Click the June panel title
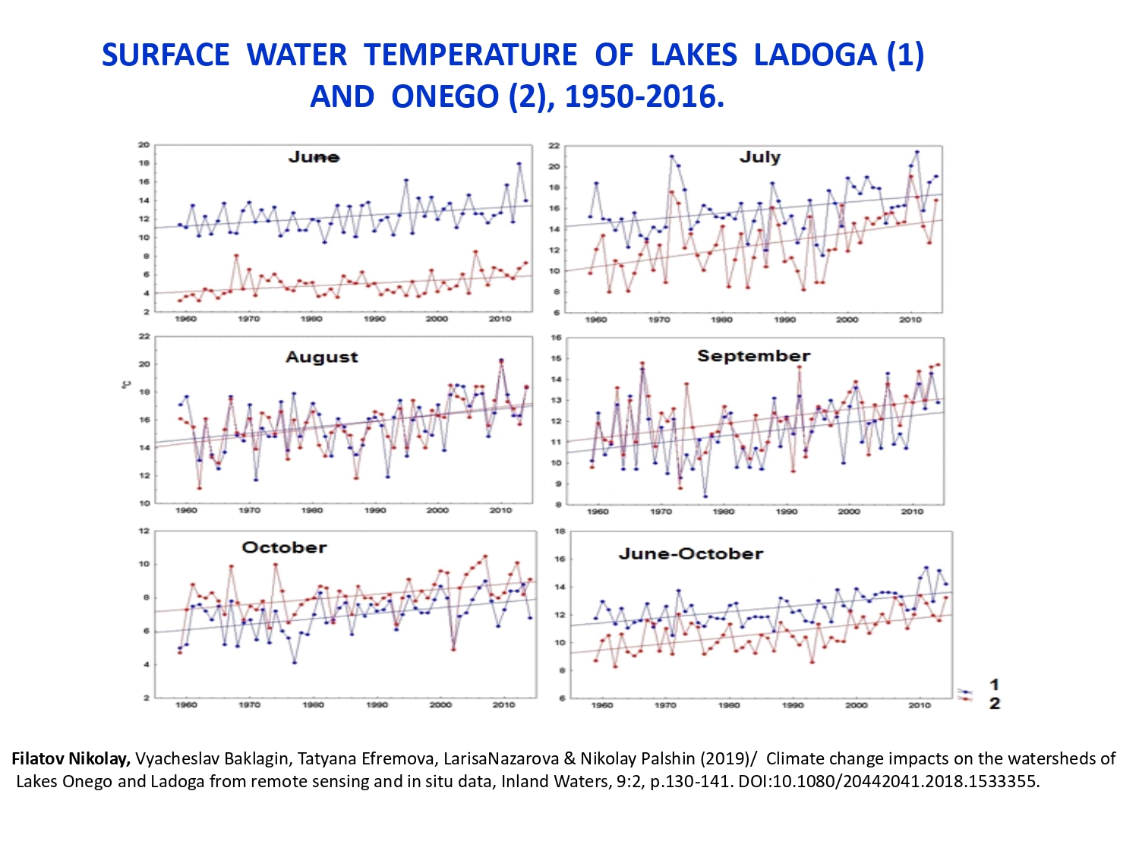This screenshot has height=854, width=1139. (x=314, y=157)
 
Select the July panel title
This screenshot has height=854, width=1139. (x=760, y=156)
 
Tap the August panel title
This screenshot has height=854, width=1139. (x=321, y=357)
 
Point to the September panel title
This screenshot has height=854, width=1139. (x=753, y=356)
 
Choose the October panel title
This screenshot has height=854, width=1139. (x=284, y=547)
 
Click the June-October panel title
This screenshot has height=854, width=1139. (x=690, y=553)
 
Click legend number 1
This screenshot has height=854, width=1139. (x=995, y=685)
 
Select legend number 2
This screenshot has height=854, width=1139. (x=995, y=704)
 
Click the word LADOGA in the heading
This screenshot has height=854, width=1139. (x=815, y=55)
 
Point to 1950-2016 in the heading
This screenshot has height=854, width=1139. (x=644, y=96)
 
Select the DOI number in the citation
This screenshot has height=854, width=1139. (x=904, y=781)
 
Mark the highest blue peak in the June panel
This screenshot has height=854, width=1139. (x=519, y=163)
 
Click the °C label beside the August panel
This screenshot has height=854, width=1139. (x=126, y=385)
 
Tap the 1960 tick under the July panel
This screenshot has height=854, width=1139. (x=596, y=320)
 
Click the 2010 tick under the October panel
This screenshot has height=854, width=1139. (x=503, y=705)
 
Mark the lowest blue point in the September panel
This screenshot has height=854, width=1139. (x=705, y=496)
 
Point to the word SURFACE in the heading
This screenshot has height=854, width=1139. (x=166, y=55)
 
